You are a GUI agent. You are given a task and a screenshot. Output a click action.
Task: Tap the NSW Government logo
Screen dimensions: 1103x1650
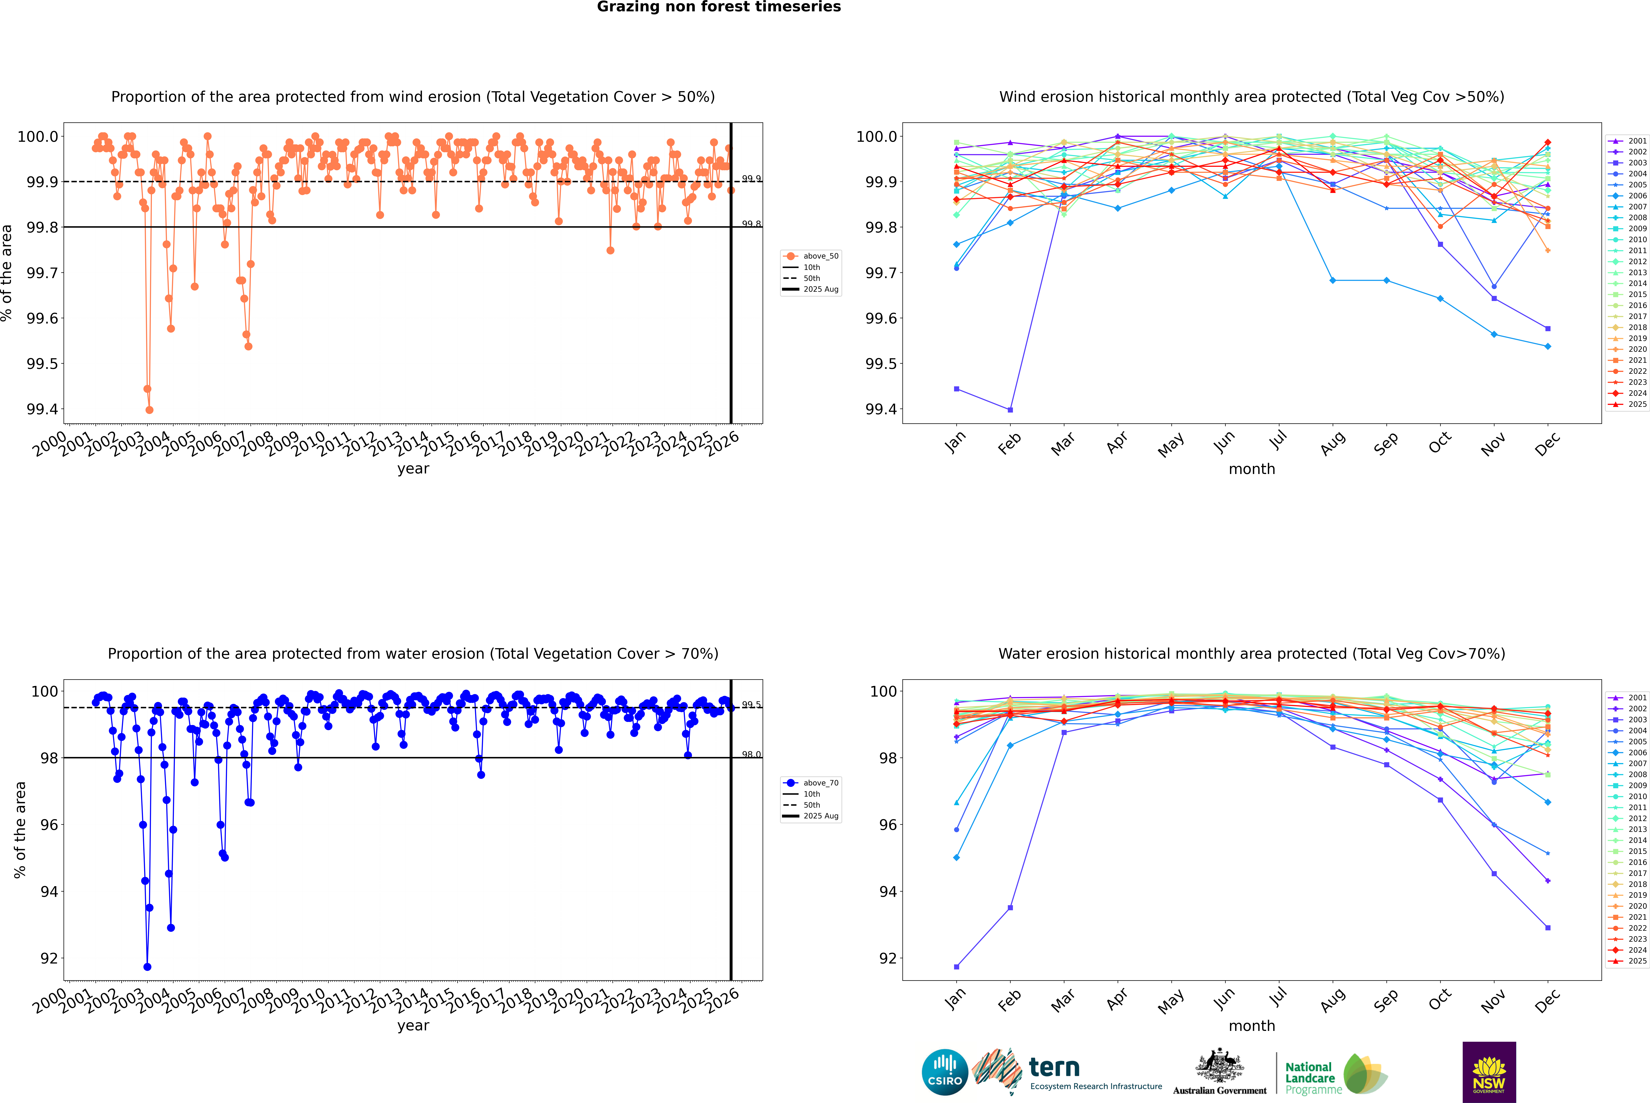(1489, 1072)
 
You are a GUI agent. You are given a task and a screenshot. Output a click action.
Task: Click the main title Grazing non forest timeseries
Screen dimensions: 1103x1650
(719, 7)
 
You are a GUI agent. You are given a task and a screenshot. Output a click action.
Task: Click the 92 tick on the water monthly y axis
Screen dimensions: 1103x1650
(888, 958)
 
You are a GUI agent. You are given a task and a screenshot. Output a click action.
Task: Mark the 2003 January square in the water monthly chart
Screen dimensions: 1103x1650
(957, 966)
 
